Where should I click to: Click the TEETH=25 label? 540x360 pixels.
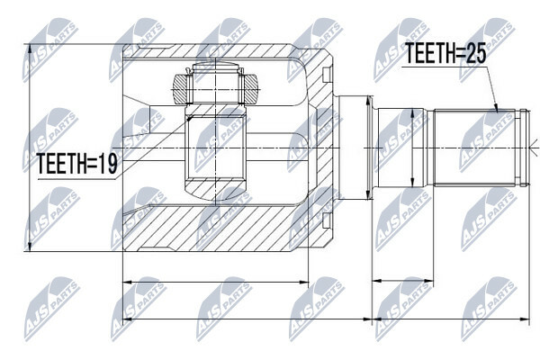click(445, 53)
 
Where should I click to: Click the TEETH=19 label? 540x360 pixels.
click(77, 163)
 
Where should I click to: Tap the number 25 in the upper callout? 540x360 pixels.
click(475, 53)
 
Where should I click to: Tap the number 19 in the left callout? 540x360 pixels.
click(108, 163)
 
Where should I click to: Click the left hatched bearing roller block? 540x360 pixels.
click(181, 89)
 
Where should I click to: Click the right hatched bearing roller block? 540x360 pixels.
click(250, 89)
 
